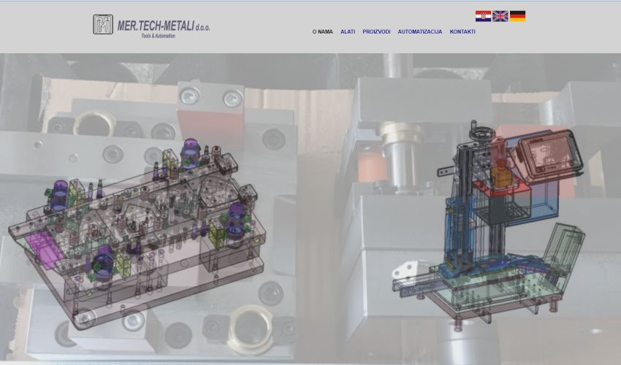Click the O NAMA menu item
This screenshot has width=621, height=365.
(322, 31)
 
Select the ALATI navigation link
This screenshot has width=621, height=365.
(348, 31)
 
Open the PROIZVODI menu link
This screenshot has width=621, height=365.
(376, 31)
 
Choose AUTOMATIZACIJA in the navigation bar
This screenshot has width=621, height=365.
(420, 31)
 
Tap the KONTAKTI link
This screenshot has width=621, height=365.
(462, 31)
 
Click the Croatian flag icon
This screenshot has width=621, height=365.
(483, 16)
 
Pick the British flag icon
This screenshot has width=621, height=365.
(500, 16)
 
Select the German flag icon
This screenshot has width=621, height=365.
(517, 16)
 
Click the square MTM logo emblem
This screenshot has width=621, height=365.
(103, 25)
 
